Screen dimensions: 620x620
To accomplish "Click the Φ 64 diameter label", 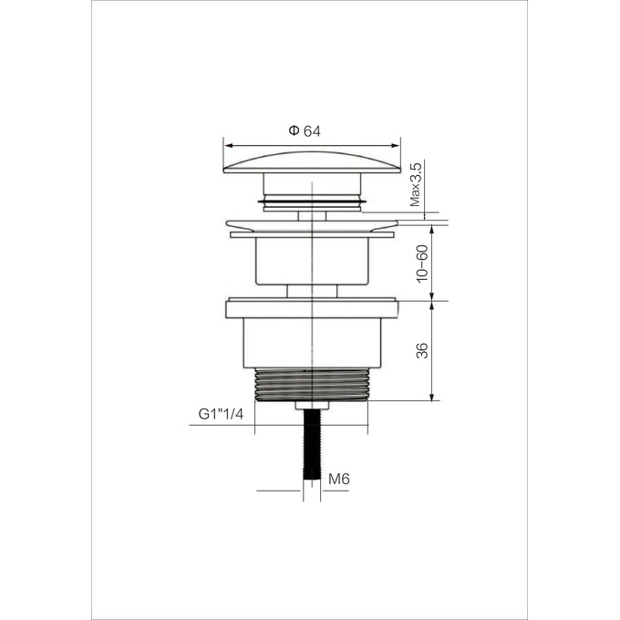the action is click(x=305, y=131).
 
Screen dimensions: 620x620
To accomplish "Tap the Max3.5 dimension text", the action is click(x=416, y=184).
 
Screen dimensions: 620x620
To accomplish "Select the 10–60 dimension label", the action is click(x=422, y=263).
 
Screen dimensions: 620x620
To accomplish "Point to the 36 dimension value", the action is click(x=422, y=351).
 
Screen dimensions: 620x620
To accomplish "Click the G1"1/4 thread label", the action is click(x=221, y=414).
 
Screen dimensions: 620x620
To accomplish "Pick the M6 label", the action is click(x=339, y=480).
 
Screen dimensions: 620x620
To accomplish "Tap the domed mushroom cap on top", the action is click(x=312, y=162).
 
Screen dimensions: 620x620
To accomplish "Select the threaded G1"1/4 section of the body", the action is click(x=312, y=385).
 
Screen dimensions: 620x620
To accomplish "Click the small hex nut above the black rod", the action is click(x=312, y=406).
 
